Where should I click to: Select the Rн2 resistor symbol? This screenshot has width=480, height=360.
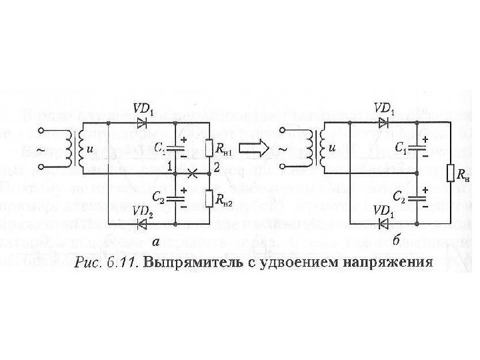[x=209, y=199]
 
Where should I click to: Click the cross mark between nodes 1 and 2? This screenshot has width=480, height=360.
[x=193, y=173]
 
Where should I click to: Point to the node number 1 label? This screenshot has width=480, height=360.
[x=170, y=165]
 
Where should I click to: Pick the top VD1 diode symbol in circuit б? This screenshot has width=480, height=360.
[x=383, y=122]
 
